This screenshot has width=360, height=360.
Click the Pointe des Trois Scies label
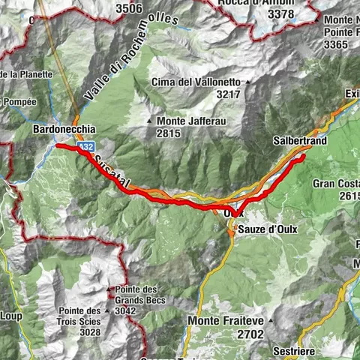pyautogui.click(x=82, y=321)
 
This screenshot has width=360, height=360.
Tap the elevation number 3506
pyautogui.click(x=128, y=9)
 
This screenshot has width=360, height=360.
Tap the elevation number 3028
pyautogui.click(x=90, y=331)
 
